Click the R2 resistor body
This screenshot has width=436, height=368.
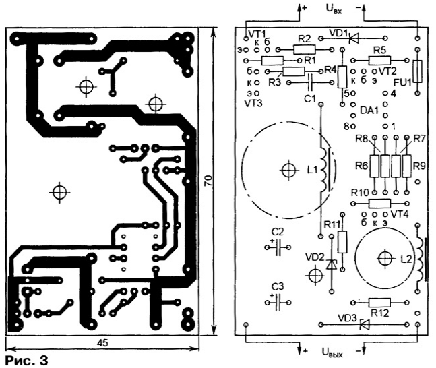305,49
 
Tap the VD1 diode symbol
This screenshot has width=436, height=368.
354,38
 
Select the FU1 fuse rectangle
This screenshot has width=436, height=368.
417,71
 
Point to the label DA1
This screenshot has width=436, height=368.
369,111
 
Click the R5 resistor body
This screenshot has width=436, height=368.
379,60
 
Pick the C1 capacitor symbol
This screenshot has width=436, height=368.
310,82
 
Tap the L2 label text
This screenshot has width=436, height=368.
406,259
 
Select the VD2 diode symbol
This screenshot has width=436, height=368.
331,264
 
